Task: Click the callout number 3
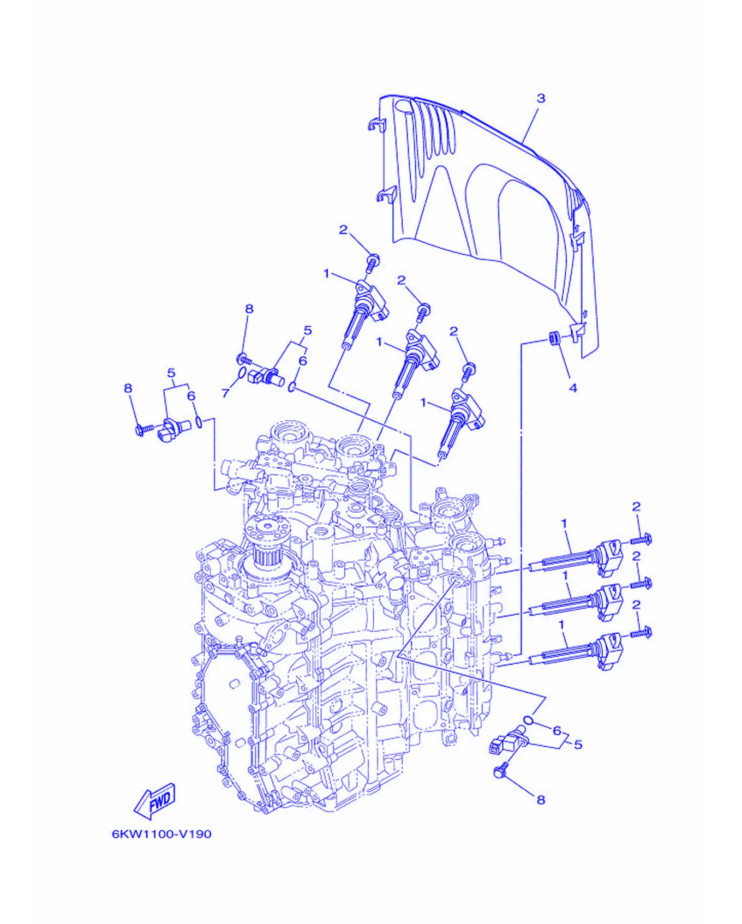point(541,98)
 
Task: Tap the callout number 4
point(573,388)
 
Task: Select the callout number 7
point(225,393)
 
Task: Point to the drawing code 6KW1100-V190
point(161,834)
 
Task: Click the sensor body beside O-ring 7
point(265,375)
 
